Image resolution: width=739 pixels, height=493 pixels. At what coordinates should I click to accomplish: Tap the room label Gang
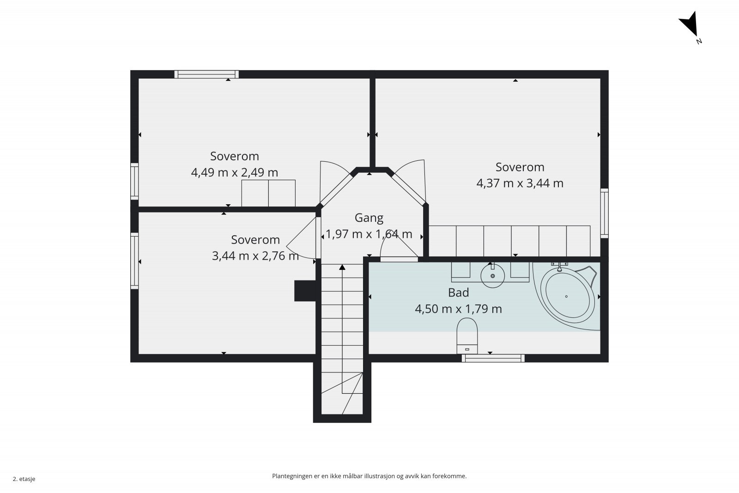369,218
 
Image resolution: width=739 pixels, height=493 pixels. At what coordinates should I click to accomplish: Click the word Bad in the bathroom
459,292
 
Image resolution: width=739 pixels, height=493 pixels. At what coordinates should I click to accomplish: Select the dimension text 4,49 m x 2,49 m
235,172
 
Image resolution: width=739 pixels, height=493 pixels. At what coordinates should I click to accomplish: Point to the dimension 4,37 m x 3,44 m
520,183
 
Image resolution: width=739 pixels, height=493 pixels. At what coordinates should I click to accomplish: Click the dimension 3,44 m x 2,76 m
255,256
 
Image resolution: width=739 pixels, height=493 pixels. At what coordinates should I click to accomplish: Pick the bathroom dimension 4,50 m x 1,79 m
459,309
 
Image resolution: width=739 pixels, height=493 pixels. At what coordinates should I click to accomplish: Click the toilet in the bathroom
467,335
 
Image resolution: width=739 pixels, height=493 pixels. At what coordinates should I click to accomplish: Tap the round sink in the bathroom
492,275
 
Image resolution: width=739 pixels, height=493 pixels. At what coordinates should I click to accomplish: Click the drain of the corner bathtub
566,296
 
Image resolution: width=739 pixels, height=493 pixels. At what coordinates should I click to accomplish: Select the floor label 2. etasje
24,479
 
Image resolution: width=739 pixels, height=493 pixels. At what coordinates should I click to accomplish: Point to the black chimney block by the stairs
305,291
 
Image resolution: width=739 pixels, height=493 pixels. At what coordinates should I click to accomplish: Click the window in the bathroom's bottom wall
493,358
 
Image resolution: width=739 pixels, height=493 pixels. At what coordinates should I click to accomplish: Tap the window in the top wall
206,74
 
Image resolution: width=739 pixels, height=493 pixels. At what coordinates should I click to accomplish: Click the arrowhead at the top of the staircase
342,267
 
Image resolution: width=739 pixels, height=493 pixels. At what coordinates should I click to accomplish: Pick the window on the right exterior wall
605,213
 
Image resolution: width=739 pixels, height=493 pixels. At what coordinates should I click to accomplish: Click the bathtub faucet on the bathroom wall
559,266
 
